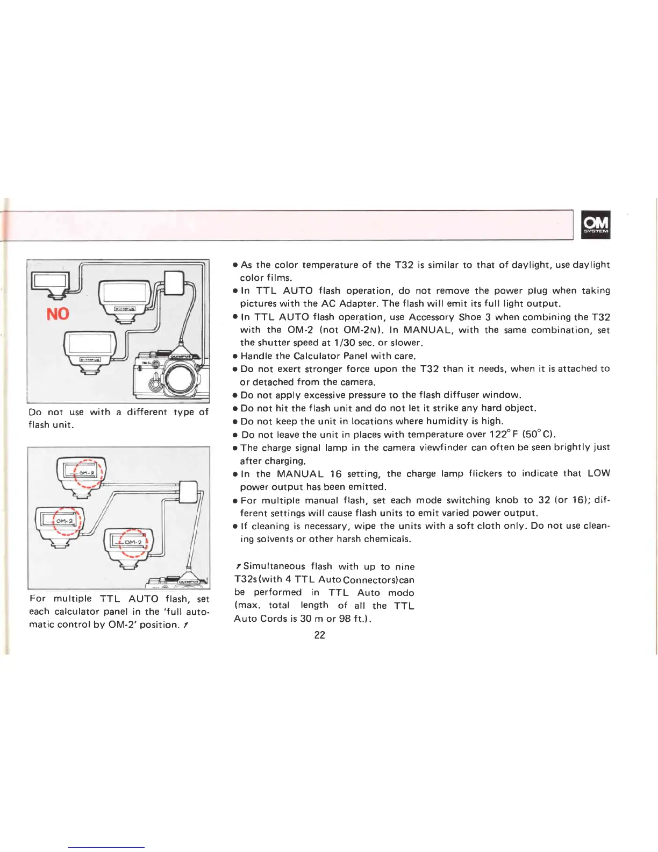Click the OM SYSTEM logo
point(596,224)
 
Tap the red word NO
point(58,314)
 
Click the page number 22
point(319,635)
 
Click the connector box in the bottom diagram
point(188,492)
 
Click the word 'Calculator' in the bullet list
point(319,356)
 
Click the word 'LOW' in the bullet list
point(598,473)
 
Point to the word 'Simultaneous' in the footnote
point(274,566)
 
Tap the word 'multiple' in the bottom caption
point(73,599)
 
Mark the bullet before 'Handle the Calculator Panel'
point(235,356)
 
